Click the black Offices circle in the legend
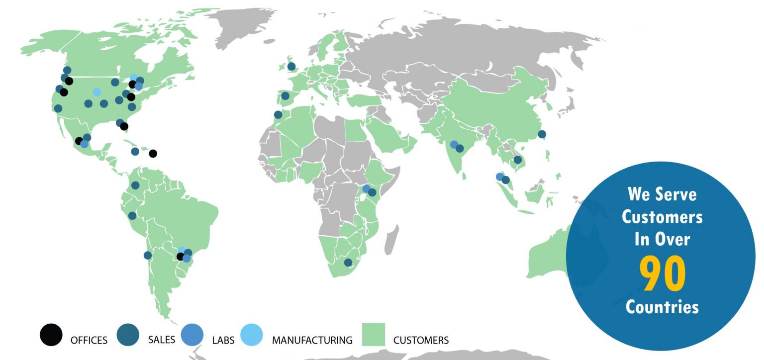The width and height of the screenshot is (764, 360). point(51,335)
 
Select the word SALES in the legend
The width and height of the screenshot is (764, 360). point(162,340)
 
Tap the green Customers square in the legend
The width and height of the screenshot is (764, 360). point(373,335)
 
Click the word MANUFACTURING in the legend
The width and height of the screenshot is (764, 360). point(312,340)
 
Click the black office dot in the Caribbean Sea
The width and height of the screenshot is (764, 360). point(153,154)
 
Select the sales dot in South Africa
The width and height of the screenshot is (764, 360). point(348,263)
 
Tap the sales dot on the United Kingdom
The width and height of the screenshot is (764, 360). point(291,66)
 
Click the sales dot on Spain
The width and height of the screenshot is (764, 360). point(285,96)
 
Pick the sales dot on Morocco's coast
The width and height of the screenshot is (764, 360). point(278,115)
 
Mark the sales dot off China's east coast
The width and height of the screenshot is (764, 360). point(542,134)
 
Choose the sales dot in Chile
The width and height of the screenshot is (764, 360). point(148,256)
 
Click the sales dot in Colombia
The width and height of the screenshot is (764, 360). point(135,185)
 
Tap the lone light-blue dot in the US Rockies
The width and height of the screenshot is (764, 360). point(97,92)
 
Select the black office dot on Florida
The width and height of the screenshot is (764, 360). point(124,126)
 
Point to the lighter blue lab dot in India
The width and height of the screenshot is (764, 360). point(454,145)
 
